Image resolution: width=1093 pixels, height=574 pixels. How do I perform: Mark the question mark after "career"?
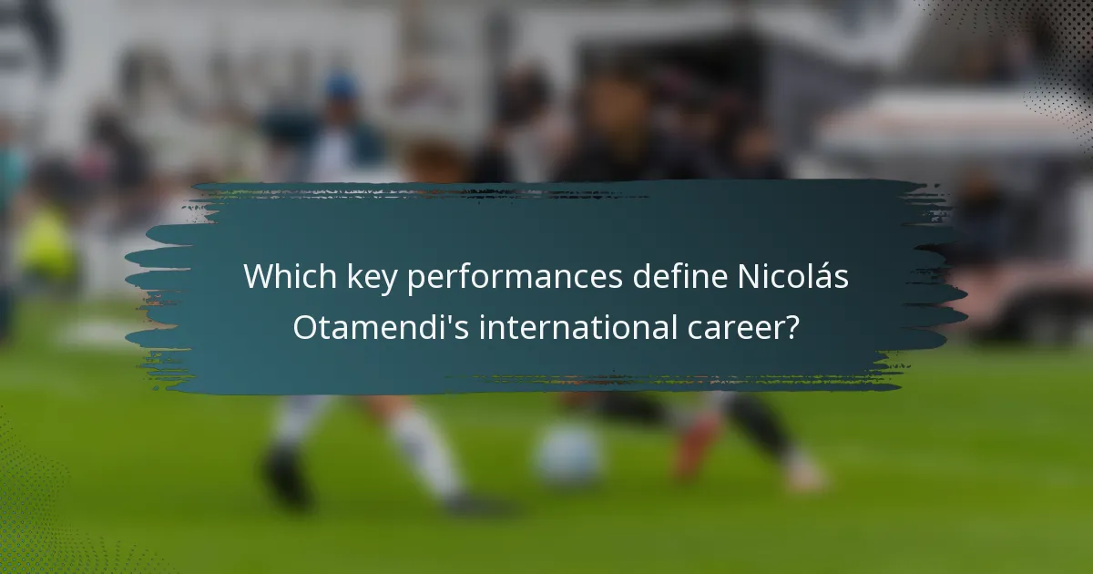[x=793, y=326]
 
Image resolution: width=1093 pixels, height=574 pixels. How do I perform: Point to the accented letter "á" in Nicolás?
[x=822, y=278]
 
